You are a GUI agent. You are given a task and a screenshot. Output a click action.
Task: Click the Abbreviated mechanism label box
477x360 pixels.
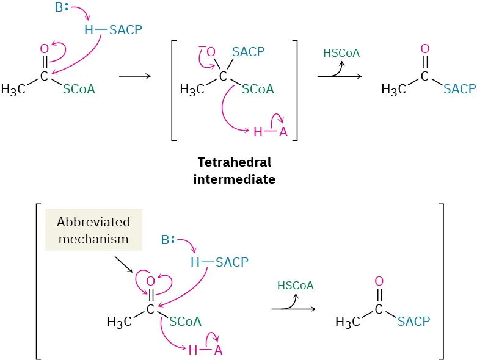[93, 229]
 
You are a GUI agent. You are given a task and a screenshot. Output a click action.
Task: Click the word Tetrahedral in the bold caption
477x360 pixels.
[235, 163]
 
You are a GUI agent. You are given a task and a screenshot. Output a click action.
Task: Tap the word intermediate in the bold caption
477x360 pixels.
[235, 179]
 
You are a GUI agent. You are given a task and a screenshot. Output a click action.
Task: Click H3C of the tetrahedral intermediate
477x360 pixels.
[192, 90]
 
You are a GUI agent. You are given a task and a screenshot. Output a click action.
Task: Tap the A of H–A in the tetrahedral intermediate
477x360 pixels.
[283, 131]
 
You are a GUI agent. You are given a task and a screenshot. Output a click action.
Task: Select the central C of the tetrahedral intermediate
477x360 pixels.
[223, 76]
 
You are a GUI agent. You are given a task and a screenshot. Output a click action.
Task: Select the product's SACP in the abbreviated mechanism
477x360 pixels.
[413, 322]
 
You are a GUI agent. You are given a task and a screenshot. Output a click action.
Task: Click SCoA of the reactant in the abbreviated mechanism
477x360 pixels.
[186, 322]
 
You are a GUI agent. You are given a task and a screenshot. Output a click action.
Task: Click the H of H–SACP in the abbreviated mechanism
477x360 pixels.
[195, 262]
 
